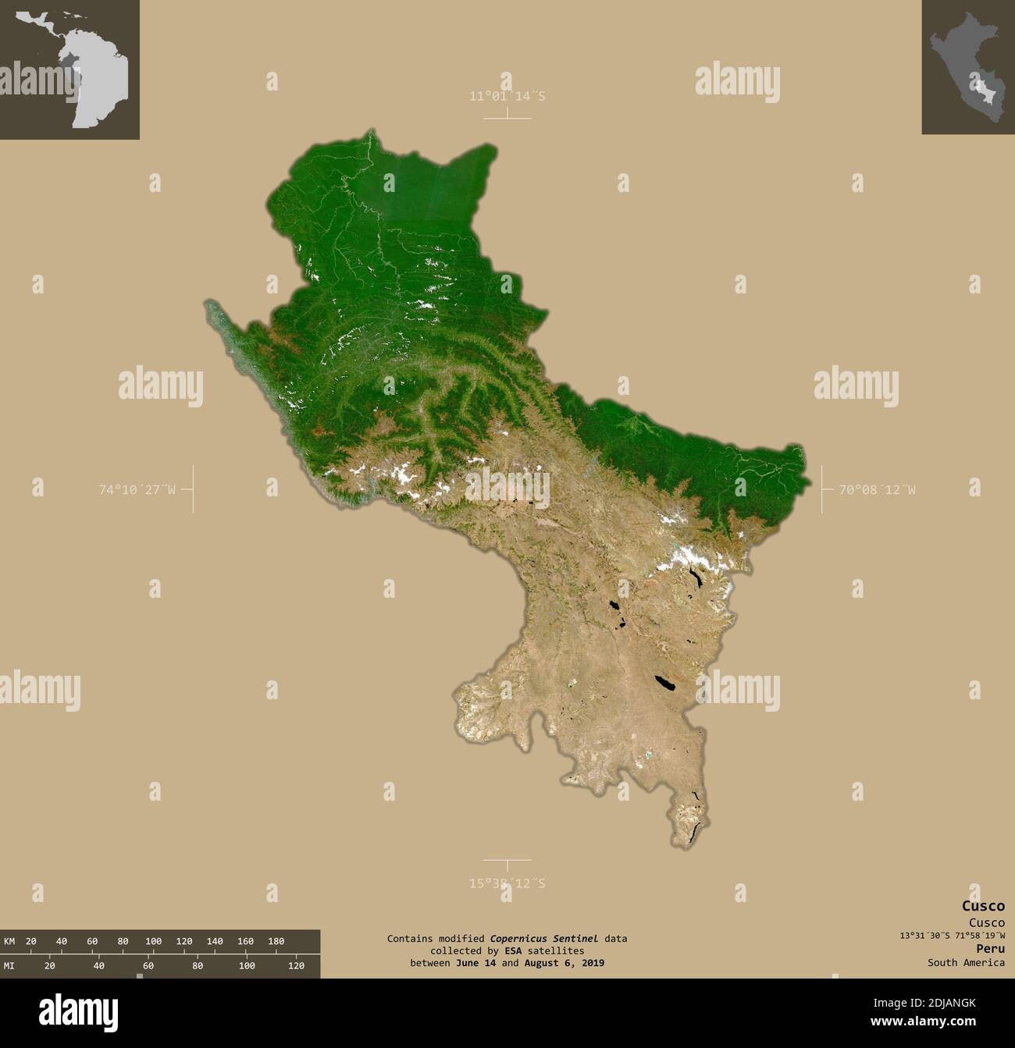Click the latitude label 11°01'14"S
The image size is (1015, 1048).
click(507, 96)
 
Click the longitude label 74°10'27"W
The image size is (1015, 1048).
click(137, 490)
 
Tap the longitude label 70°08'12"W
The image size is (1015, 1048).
click(877, 490)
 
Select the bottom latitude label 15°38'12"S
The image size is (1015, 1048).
click(507, 883)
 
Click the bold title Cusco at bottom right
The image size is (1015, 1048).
click(983, 906)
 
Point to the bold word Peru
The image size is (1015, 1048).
click(990, 948)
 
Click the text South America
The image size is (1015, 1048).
click(966, 962)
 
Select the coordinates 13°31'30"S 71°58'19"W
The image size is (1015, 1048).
click(952, 935)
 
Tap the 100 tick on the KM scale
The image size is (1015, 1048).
click(153, 941)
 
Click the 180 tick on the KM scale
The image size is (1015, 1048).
click(276, 941)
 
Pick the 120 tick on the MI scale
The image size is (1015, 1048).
click(296, 966)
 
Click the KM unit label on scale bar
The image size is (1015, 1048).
click(9, 941)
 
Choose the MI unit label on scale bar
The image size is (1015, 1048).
click(9, 966)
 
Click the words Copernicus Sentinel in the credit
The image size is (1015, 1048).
click(544, 939)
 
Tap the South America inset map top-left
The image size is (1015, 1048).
click(69, 69)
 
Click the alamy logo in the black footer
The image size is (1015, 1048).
click(79, 1011)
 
